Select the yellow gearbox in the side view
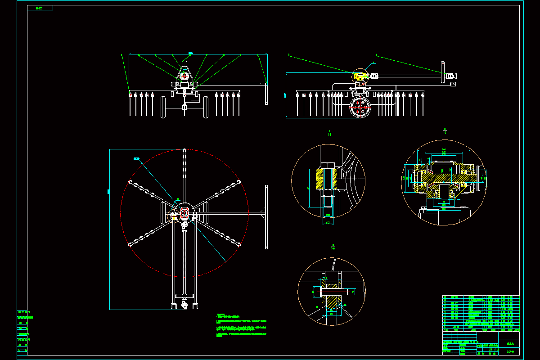coord(360,76)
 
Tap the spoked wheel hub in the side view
coord(360,108)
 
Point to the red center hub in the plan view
coord(184,212)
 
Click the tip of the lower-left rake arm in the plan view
coord(130,244)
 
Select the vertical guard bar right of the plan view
coord(266,216)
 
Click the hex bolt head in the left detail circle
coord(327,164)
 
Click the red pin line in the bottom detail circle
coord(333,292)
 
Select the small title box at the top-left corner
coord(40,8)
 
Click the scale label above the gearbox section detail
coord(445,131)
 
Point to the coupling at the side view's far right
coord(451,76)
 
